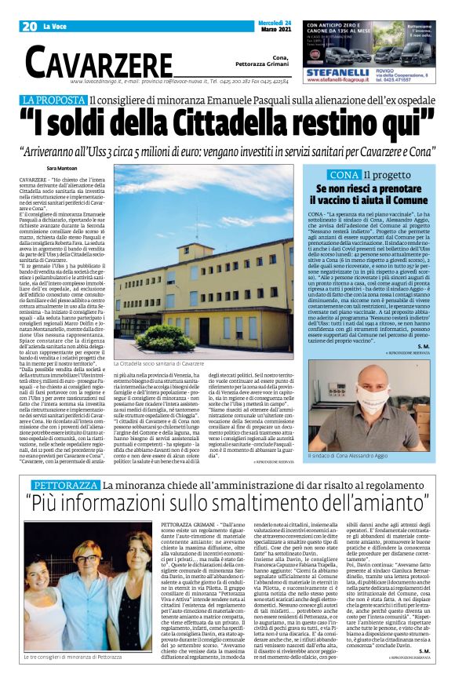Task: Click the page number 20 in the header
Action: point(29,27)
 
